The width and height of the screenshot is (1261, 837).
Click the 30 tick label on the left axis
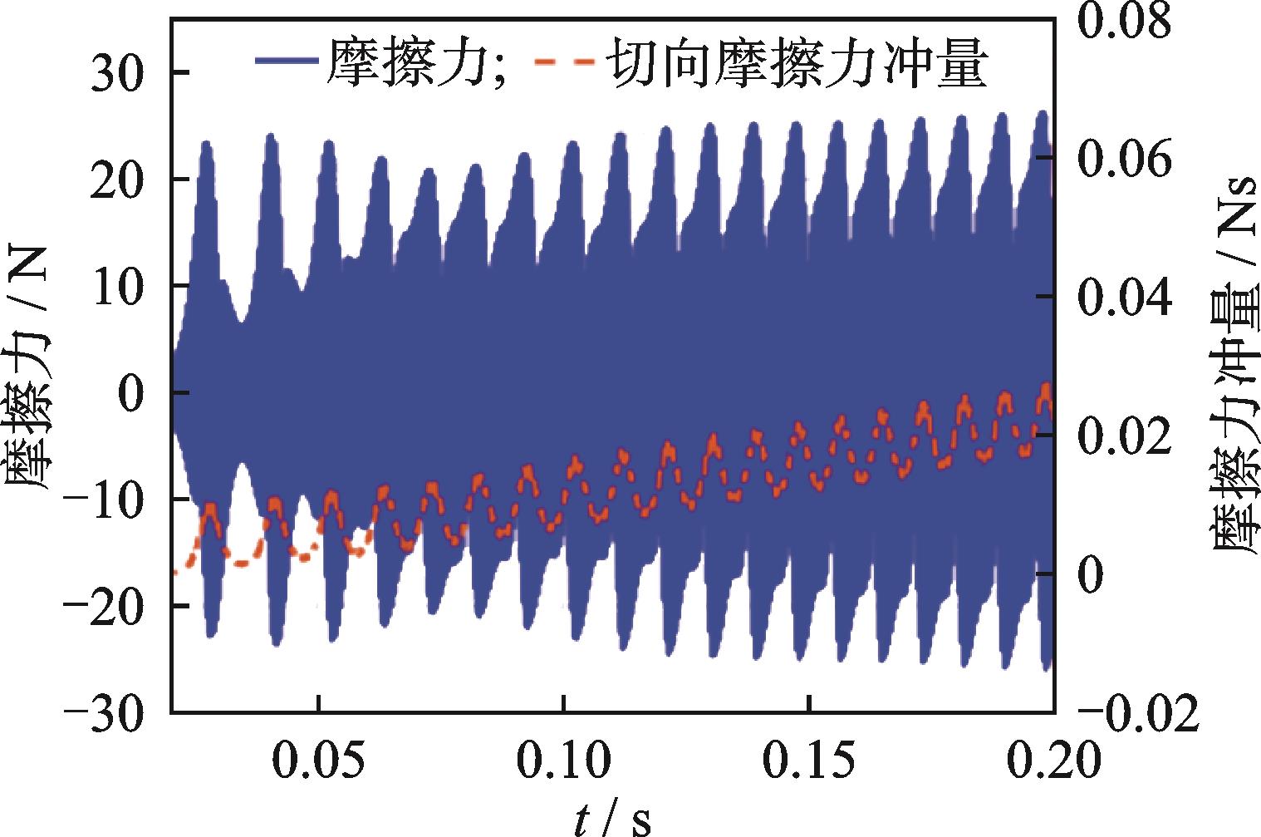pyautogui.click(x=120, y=73)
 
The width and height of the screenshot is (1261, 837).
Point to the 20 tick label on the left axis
pyautogui.click(x=120, y=180)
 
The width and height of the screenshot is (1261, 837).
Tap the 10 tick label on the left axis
pyautogui.click(x=120, y=286)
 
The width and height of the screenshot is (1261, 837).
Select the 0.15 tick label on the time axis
pyautogui.click(x=808, y=759)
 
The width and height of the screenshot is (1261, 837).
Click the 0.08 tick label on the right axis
pyautogui.click(x=1124, y=22)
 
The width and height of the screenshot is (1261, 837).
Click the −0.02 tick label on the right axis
pyautogui.click(x=1139, y=712)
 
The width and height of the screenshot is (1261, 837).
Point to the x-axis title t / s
pyautogui.click(x=613, y=819)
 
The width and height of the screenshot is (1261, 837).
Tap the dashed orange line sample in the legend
pyautogui.click(x=563, y=61)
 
